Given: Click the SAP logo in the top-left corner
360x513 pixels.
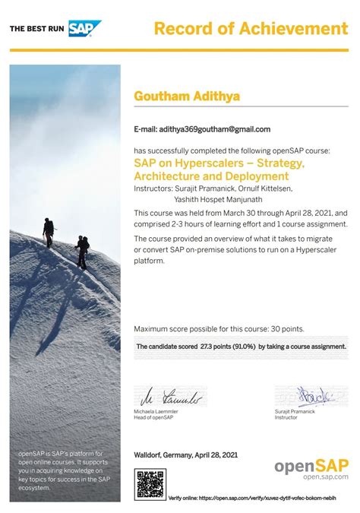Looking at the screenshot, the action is coord(84,29).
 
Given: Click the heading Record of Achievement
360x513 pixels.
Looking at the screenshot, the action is coord(251,29).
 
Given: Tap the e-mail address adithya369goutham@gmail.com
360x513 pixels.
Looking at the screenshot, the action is coord(214,129).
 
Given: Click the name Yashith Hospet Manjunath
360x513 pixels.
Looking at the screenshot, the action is coord(199,198).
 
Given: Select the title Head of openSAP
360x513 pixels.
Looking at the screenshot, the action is coord(153,417).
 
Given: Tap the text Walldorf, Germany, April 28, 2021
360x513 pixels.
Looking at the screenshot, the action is coord(185,454).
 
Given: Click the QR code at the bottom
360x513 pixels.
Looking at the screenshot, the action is coord(150,484).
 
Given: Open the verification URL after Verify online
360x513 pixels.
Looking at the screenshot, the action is coord(278,498).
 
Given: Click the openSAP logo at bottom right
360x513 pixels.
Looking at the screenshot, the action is coord(311,468).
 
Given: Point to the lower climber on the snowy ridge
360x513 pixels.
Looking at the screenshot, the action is coord(81,249).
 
